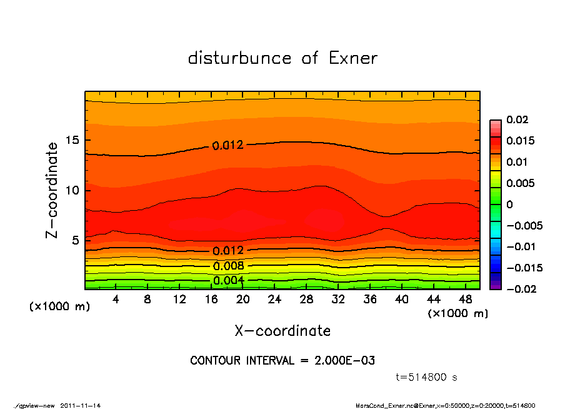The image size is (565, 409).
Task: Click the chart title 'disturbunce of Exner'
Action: [x=282, y=58]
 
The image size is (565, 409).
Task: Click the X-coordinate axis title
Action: [x=282, y=331]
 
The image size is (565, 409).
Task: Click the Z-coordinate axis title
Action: [x=52, y=190]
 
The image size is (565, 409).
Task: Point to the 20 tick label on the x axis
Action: [x=242, y=300]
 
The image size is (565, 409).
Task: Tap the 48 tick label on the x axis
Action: [x=464, y=300]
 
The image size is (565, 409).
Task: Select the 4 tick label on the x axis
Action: [x=116, y=300]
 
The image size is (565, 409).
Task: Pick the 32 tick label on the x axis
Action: [x=337, y=300]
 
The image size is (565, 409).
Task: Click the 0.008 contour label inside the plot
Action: [x=229, y=266]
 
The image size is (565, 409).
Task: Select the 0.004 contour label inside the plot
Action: [x=229, y=280]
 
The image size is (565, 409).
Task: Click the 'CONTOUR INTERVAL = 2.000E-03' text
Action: [x=282, y=361]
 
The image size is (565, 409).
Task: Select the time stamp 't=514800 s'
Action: [x=427, y=377]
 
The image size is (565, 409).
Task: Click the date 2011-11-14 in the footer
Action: [x=81, y=405]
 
